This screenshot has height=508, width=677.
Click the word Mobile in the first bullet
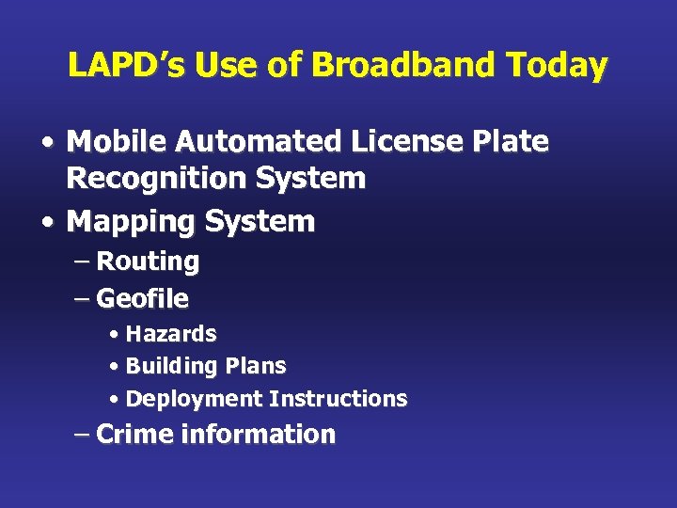pos(113,142)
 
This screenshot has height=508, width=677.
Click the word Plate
pos(513,142)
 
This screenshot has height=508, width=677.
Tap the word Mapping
pos(130,222)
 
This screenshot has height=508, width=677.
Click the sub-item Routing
pos(148,262)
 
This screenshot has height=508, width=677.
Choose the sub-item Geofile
pos(143,299)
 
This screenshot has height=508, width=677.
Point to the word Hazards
pos(171,334)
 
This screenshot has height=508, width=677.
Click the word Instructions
pos(338,399)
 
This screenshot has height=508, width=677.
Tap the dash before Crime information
pos(83,436)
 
